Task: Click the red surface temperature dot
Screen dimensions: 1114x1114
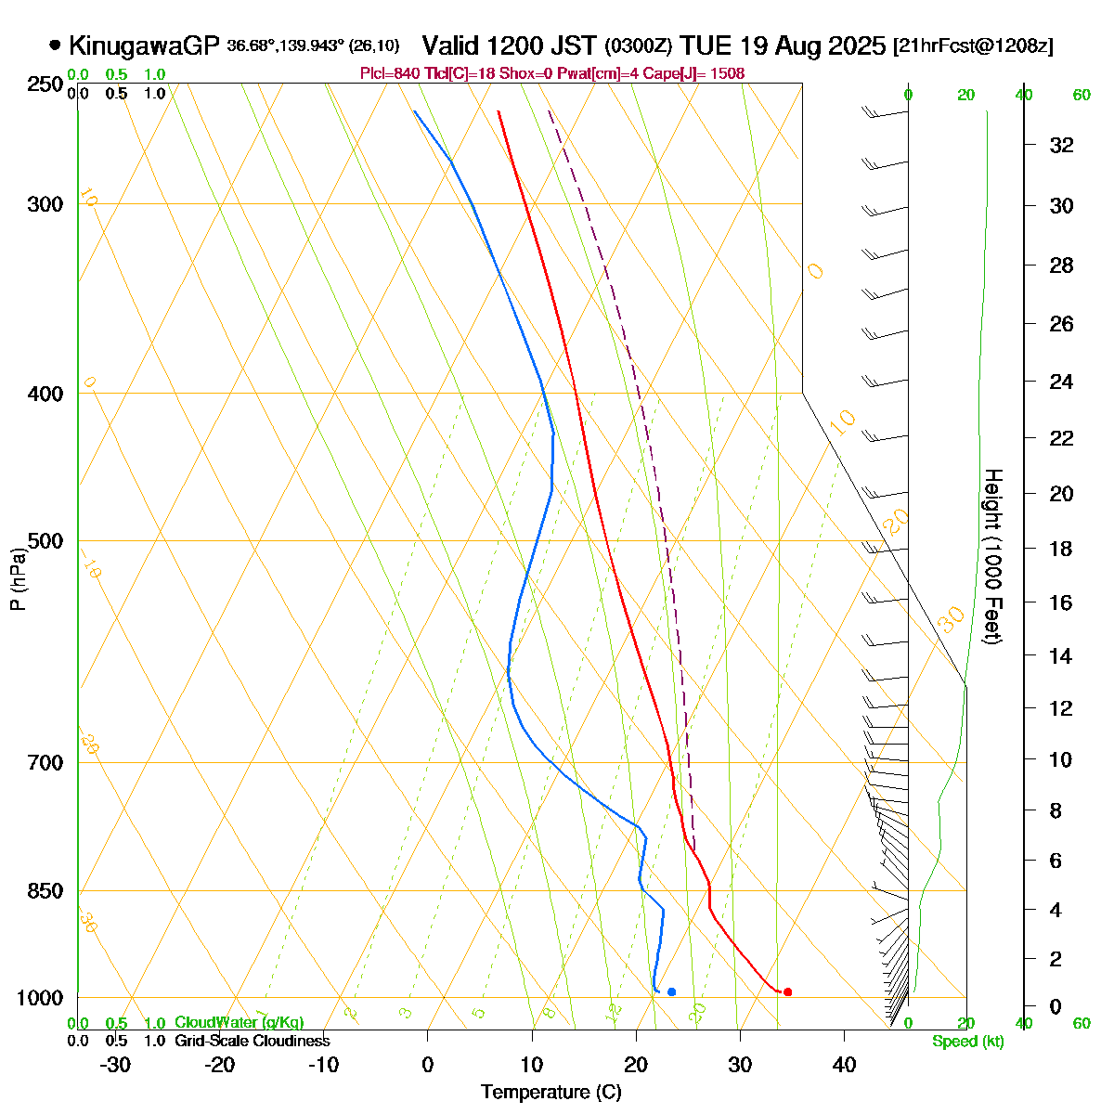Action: pos(787,992)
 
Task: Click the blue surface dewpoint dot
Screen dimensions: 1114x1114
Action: pos(671,992)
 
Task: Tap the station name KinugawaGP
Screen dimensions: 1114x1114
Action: pos(144,45)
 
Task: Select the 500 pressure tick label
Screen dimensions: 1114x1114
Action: pos(45,541)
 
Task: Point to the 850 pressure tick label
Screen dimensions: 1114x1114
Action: pos(45,891)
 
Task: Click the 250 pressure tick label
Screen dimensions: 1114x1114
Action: pos(45,84)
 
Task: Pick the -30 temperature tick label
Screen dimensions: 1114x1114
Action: pos(115,1065)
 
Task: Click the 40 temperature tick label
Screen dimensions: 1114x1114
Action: pos(844,1065)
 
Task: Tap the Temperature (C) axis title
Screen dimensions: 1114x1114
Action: pos(551,1093)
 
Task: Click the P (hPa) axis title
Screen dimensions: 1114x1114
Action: pos(18,577)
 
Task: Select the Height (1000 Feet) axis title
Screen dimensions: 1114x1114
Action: pos(992,557)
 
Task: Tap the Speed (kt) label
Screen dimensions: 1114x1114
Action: pos(968,1042)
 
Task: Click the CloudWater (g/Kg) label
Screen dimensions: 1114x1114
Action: pos(239,1023)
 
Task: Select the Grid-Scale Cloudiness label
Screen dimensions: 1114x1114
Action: pos(252,1042)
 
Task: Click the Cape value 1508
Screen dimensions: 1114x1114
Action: pos(727,73)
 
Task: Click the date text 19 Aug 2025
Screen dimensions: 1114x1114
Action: pos(809,45)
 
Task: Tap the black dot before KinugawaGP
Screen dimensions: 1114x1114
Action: pos(55,45)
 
